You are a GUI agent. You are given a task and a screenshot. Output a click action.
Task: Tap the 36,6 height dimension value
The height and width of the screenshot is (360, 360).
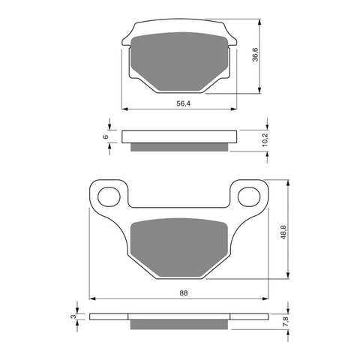(x=255, y=56)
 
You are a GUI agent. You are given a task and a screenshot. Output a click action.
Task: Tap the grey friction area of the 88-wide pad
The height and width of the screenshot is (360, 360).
(x=179, y=246)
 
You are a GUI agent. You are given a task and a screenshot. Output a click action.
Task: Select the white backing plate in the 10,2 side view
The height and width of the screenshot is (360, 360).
(x=179, y=136)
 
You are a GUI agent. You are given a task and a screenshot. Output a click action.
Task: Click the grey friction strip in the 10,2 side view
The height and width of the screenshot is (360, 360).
(x=179, y=145)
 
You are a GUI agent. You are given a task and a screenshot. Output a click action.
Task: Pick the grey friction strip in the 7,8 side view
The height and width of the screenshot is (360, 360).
(x=179, y=325)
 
